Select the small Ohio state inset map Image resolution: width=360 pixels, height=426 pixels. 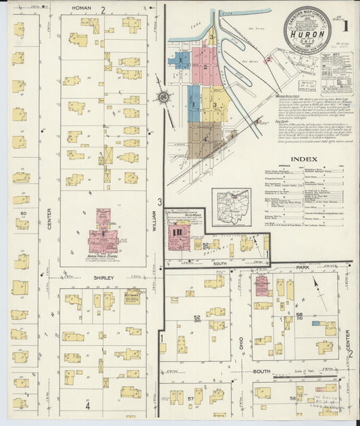tap(231, 207)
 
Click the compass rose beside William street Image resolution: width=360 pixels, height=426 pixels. tap(162, 98)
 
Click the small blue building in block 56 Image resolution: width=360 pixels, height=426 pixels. tap(330, 328)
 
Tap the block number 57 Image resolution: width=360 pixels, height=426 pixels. tap(190, 399)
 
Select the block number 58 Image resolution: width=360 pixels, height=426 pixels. tap(294, 399)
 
